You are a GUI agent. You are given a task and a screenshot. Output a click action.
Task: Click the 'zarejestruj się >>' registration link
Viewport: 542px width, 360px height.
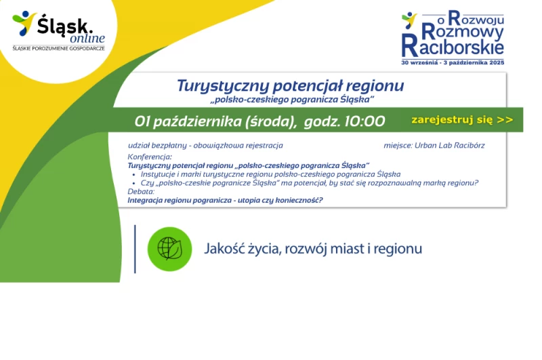coord(462,119)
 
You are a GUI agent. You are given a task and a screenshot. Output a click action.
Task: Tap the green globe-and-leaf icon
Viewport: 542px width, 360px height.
coord(170,249)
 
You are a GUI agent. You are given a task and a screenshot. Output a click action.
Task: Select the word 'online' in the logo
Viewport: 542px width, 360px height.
coord(87,38)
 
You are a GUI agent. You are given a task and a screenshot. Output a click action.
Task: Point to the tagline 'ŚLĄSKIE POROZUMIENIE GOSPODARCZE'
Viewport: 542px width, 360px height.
coord(58,48)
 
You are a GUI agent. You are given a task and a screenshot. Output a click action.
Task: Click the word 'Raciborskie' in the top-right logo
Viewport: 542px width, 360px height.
coord(453,47)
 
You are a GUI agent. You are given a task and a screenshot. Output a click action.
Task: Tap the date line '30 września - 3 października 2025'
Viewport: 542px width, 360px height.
coord(453,62)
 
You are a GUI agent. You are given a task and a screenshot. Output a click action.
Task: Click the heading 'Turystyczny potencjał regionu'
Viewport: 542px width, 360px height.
coord(291,85)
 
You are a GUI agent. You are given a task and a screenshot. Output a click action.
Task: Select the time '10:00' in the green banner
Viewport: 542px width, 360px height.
coord(364,121)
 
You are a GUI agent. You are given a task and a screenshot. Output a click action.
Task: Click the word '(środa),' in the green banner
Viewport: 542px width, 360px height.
coord(271,122)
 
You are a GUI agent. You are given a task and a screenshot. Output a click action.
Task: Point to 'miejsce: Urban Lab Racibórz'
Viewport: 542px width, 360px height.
coord(434,145)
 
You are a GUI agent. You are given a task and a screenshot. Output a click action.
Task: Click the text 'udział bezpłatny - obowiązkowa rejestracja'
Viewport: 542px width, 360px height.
coord(205,146)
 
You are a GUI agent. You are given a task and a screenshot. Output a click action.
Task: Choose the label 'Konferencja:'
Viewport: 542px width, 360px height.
coord(150,157)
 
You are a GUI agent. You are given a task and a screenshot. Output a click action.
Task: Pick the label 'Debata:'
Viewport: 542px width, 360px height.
coord(141,192)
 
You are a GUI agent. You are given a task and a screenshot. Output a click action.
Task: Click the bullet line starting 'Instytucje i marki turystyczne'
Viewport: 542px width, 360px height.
coord(270,174)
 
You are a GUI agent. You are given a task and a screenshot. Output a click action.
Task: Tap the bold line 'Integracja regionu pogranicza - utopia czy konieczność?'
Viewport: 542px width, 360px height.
coord(225,200)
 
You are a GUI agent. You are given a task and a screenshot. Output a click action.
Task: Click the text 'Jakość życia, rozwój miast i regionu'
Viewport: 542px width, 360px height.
coord(313,249)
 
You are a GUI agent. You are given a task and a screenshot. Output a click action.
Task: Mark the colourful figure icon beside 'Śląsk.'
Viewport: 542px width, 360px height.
coord(24,23)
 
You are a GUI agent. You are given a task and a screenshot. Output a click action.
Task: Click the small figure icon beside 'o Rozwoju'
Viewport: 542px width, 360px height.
coord(409,20)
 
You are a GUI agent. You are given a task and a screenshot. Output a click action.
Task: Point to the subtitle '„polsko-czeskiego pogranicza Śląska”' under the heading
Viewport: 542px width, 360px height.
coord(292,100)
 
